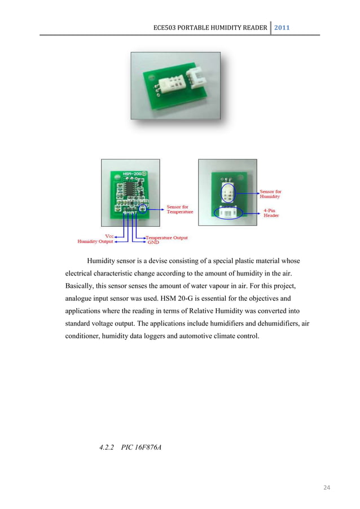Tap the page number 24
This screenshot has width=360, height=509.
[326, 486]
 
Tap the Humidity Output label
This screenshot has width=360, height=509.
[95, 242]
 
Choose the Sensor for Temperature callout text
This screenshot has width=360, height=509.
[180, 209]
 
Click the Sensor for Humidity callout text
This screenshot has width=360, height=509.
[270, 195]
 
